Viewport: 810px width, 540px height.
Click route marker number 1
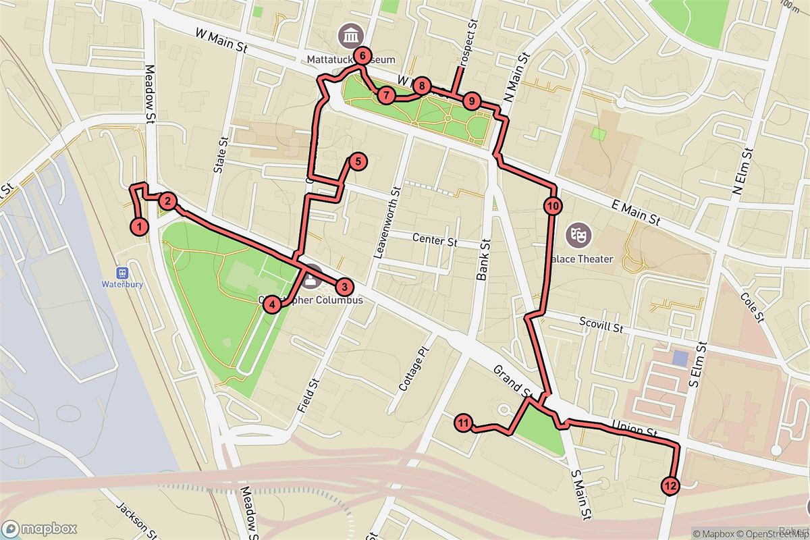pos(139,227)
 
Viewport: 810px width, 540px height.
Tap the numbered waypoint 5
pos(357,161)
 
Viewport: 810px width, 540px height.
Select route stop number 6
pos(362,56)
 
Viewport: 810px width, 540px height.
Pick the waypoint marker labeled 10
pos(552,206)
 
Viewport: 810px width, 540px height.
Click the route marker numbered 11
pos(463,424)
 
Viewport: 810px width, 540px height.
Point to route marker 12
pos(670,485)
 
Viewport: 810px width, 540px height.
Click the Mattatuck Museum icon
pos(351,34)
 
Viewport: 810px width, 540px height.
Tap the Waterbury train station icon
pos(122,273)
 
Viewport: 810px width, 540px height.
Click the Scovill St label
pos(601,325)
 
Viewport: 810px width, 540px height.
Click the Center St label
pos(429,238)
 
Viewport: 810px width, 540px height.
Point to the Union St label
pos(634,429)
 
